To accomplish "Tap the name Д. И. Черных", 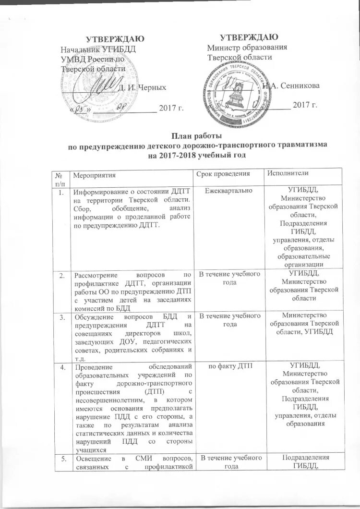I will point(142,87).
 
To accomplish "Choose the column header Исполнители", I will point(288,173).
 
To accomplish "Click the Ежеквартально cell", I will point(225,191).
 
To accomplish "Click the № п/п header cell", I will point(60,177).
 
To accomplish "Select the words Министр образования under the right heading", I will point(247,48).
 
